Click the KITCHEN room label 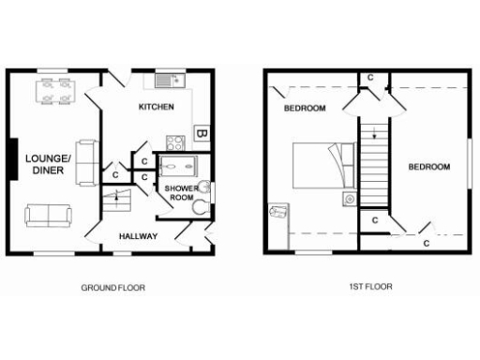click(x=156, y=108)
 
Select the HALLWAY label click(x=138, y=236)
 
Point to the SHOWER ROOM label click(x=179, y=194)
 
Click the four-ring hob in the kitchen click(x=174, y=142)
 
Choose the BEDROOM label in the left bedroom click(x=305, y=109)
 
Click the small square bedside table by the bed click(x=349, y=199)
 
